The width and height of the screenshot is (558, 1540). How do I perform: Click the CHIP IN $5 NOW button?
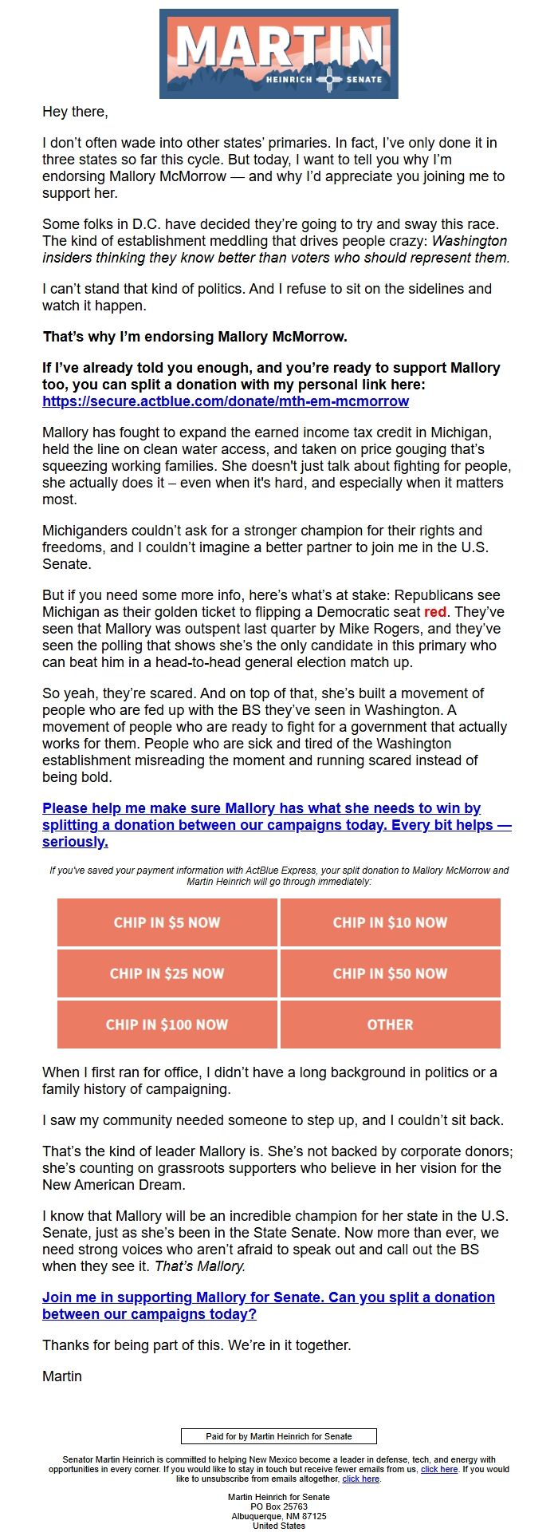click(167, 922)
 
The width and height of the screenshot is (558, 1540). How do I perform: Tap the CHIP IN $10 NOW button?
click(390, 922)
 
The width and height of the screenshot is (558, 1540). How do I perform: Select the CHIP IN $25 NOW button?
click(167, 973)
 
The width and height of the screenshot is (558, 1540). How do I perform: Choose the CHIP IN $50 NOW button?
click(390, 973)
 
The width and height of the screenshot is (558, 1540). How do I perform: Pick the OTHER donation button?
click(390, 1025)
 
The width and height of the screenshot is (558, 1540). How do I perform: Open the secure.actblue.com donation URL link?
click(226, 401)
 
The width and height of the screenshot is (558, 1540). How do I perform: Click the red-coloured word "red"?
click(435, 612)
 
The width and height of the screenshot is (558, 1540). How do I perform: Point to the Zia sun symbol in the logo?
click(329, 79)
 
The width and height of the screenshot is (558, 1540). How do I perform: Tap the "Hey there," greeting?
click(75, 112)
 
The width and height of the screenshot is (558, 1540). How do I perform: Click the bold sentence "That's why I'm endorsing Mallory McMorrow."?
click(195, 337)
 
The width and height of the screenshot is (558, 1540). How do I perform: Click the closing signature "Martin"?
click(62, 1376)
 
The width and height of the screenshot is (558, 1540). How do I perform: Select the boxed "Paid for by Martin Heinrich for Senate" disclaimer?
click(279, 1436)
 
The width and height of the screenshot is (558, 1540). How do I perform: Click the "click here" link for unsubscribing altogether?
click(360, 1479)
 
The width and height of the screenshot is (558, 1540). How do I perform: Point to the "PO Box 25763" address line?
click(279, 1506)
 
